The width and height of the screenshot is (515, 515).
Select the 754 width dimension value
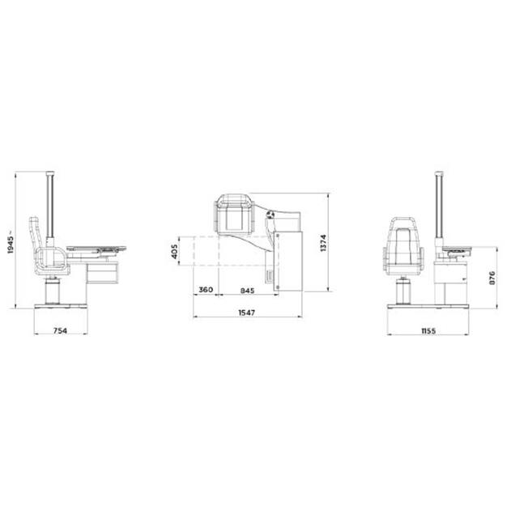click(x=61, y=330)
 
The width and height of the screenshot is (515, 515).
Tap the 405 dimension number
click(x=174, y=251)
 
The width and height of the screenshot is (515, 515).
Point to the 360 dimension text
click(x=206, y=290)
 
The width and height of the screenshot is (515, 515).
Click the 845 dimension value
click(x=247, y=291)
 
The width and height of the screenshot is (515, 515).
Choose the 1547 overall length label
click(x=247, y=313)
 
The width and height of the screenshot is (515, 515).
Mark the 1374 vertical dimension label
click(x=324, y=243)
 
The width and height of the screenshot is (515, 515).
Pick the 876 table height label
click(x=492, y=278)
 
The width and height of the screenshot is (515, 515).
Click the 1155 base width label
click(x=428, y=330)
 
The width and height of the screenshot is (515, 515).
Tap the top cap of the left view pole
click(x=50, y=173)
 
